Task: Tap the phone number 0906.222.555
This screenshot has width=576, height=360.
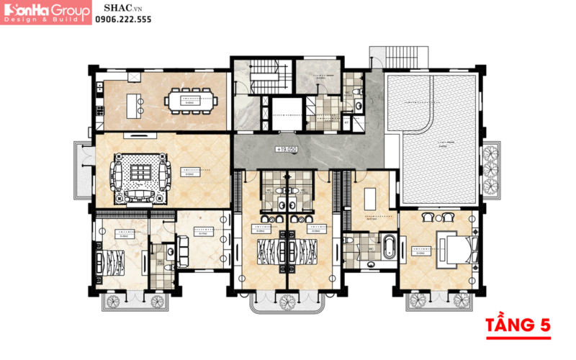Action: tap(124, 21)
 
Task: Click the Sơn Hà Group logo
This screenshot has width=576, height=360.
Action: tap(47, 13)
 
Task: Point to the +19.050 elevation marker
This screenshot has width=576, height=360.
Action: tap(286, 149)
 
